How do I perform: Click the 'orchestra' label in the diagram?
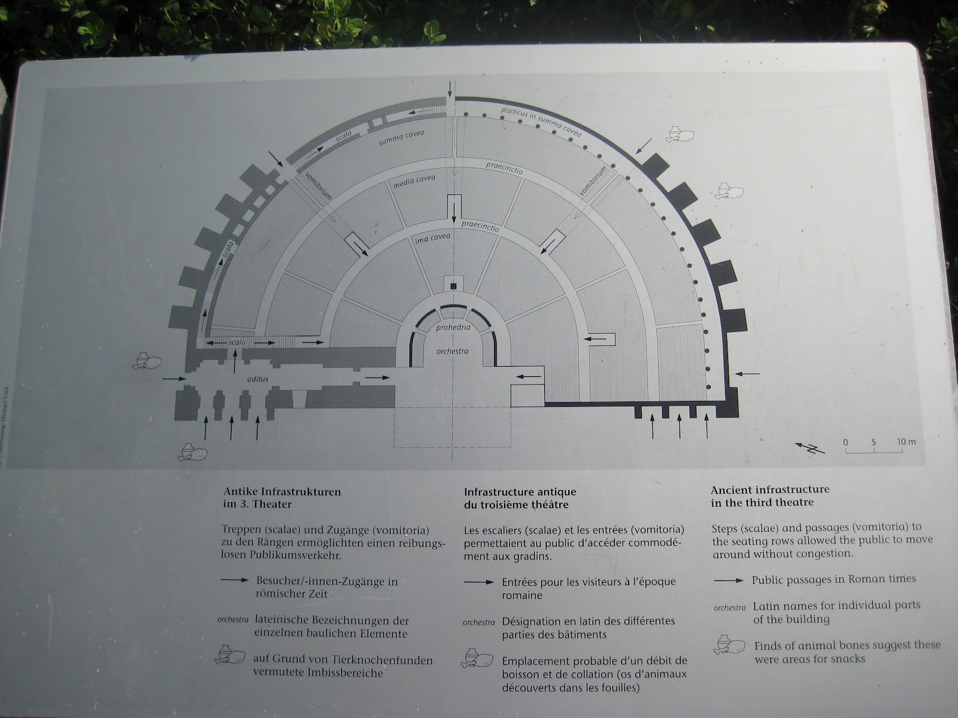[452, 351]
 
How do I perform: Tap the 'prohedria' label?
[453, 328]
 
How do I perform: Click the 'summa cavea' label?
[401, 138]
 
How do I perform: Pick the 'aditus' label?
[257, 379]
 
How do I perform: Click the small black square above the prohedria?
[453, 286]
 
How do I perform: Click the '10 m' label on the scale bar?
[907, 442]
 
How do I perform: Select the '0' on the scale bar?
[845, 442]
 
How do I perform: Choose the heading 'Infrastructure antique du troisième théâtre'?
[520, 498]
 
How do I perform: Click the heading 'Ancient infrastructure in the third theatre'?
[769, 496]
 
